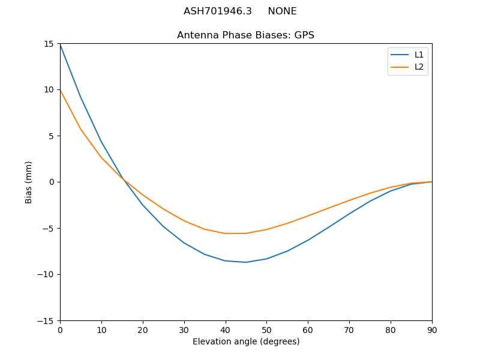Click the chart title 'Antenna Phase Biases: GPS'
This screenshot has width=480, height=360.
click(x=245, y=35)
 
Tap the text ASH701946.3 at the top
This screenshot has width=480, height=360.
click(x=217, y=11)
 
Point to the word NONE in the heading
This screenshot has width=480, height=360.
click(x=282, y=11)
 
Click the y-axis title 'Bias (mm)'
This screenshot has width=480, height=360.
click(x=29, y=182)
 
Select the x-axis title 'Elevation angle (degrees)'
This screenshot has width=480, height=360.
click(x=246, y=341)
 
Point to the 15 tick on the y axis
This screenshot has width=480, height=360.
click(x=49, y=44)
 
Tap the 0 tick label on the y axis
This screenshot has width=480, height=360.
click(x=52, y=182)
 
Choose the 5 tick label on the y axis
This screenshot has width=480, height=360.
click(x=52, y=136)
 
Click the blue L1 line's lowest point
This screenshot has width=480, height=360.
click(x=246, y=262)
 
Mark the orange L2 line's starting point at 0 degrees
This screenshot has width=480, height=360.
click(x=60, y=90)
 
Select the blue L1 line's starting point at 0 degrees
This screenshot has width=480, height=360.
click(x=60, y=44)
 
